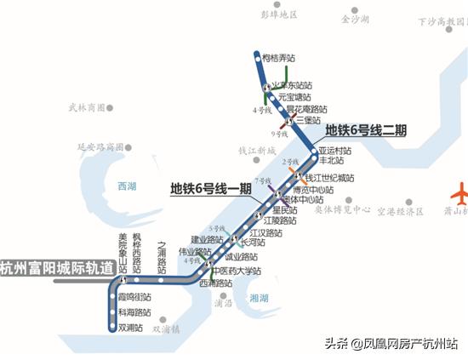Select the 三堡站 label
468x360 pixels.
pyautogui.click(x=307, y=121)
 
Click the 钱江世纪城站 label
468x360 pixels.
pyautogui.click(x=329, y=178)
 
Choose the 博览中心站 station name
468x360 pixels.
pyautogui.click(x=312, y=190)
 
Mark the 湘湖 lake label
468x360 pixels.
pyautogui.click(x=260, y=298)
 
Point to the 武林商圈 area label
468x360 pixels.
pyautogui.click(x=87, y=107)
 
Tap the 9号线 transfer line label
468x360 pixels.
pyautogui.click(x=278, y=134)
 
